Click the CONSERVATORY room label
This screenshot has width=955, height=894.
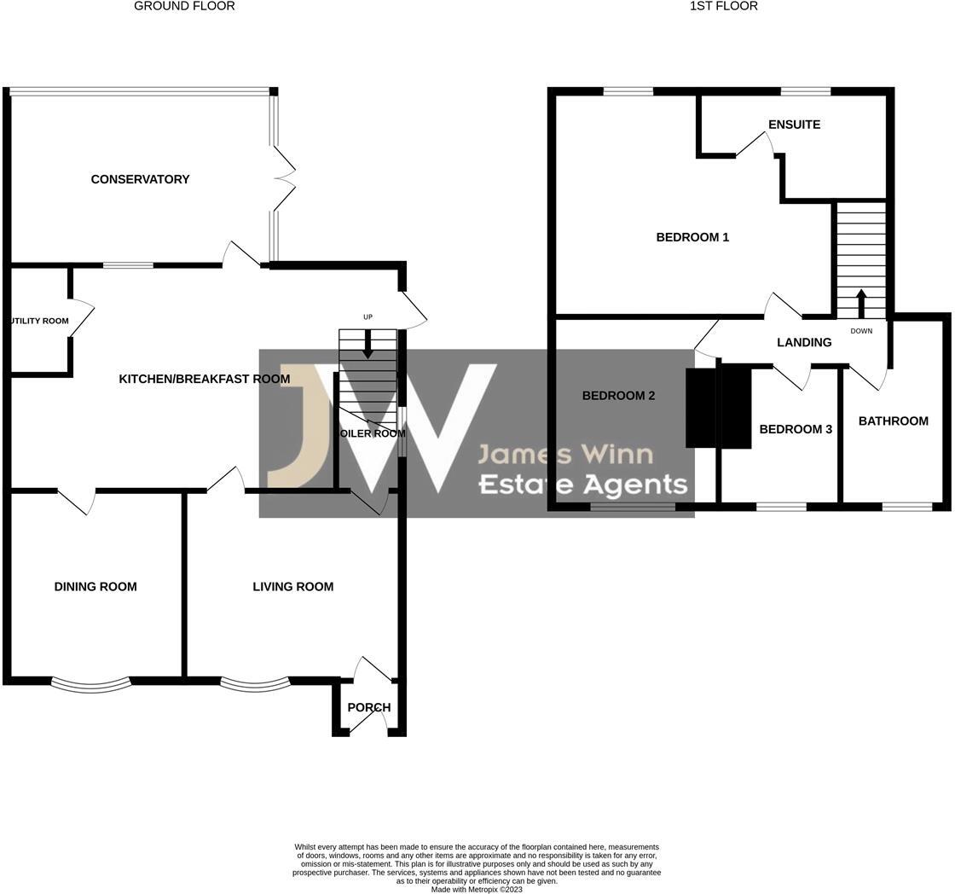tap(140, 179)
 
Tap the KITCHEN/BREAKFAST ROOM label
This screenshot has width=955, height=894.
tap(204, 379)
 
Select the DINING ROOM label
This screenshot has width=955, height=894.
tap(95, 587)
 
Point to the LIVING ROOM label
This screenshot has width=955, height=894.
tap(292, 587)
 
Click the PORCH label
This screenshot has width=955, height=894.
tap(369, 707)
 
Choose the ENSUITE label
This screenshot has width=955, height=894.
tap(794, 125)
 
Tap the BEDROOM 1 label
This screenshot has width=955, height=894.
tap(692, 237)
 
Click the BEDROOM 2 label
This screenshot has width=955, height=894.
tap(618, 396)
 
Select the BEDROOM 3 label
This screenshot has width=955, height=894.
tap(796, 429)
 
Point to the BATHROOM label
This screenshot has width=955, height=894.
tap(893, 421)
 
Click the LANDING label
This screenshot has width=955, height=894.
tap(804, 342)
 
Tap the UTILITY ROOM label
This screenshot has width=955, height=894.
tap(39, 321)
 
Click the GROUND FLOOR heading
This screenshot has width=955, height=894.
tap(184, 6)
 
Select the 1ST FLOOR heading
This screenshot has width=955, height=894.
tap(723, 6)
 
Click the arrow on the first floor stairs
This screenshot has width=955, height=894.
tap(860, 303)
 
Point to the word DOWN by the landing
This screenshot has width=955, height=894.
tap(861, 331)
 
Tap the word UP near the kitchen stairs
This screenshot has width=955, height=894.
tap(368, 317)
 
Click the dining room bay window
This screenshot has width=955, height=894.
tap(91, 682)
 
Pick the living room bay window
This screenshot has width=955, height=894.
tap(255, 682)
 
